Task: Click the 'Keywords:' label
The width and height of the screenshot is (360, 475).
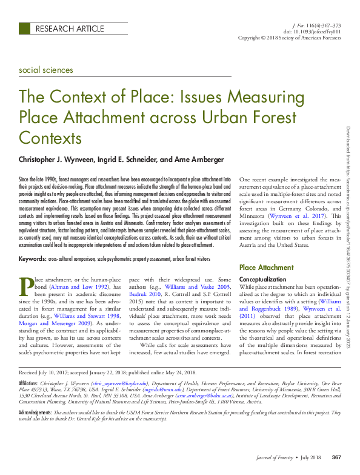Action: [x=33, y=259]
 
